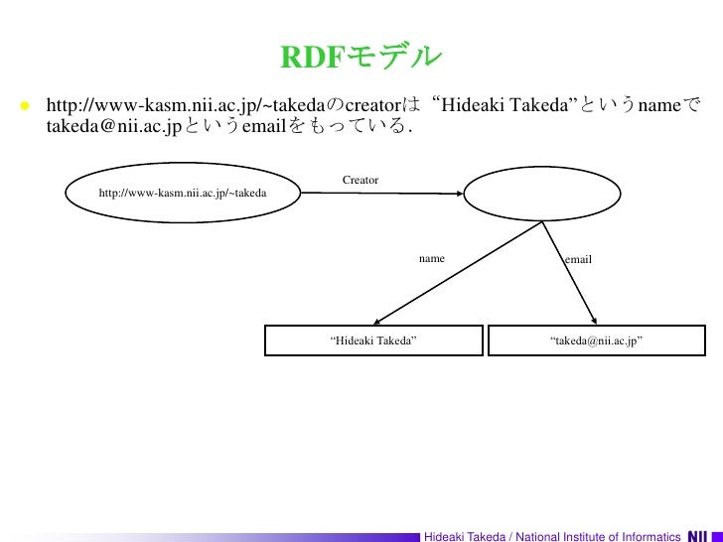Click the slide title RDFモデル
(360, 58)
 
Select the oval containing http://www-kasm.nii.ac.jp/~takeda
(183, 192)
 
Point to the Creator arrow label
(361, 180)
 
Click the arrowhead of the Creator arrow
(460, 193)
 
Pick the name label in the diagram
(431, 258)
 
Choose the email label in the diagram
(578, 259)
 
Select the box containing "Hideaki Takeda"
(373, 340)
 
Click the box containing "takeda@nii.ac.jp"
(596, 340)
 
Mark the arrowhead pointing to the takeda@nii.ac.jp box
(593, 320)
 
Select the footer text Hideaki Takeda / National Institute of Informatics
(551, 536)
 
